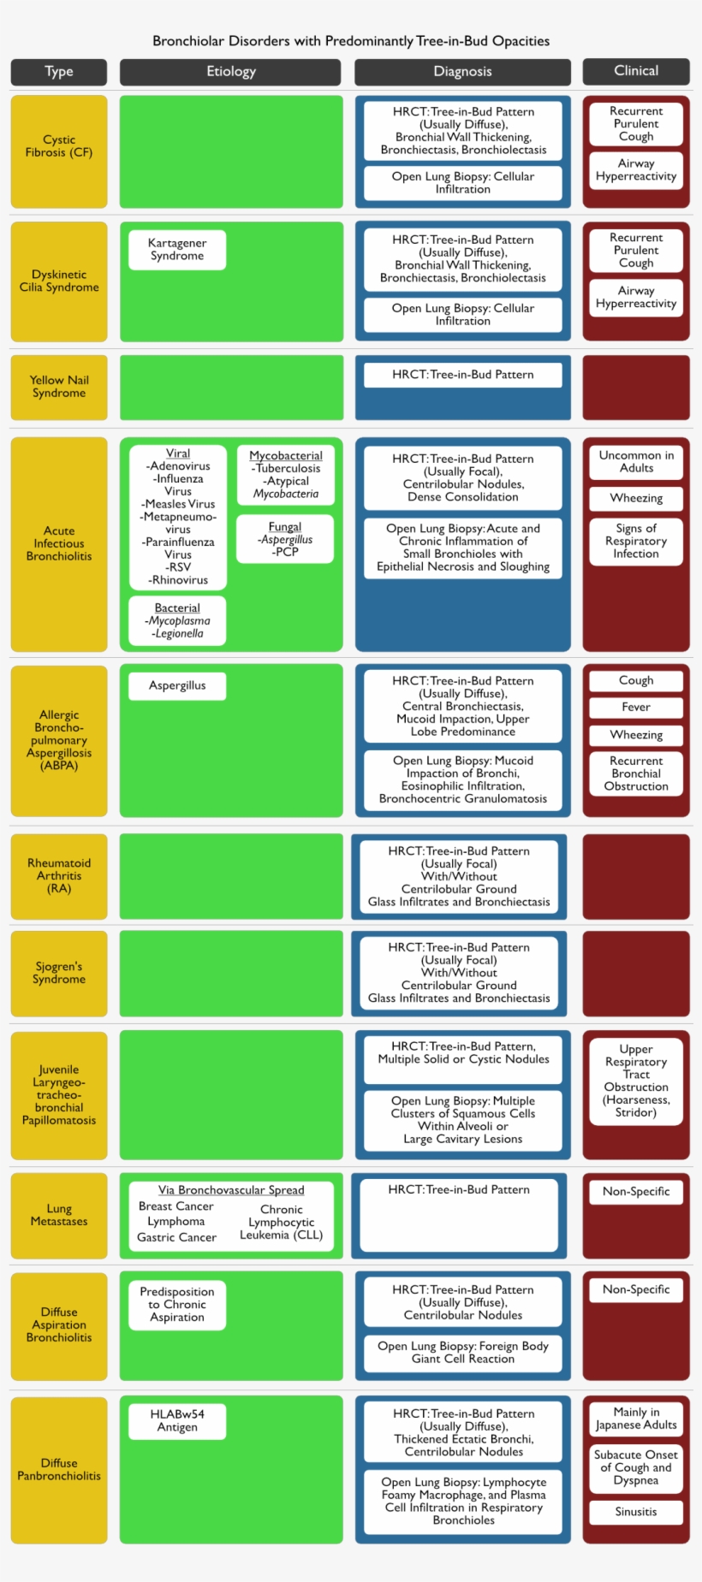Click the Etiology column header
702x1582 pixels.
pyautogui.click(x=230, y=72)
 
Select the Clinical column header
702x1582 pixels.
pyautogui.click(x=636, y=71)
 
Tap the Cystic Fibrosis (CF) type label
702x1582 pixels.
pyautogui.click(x=59, y=146)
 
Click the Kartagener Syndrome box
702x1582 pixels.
pyautogui.click(x=177, y=250)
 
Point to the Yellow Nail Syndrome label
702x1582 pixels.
pyautogui.click(x=59, y=387)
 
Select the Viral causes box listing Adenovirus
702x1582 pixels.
pyautogui.click(x=178, y=517)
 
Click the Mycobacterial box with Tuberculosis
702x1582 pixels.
pyautogui.click(x=286, y=475)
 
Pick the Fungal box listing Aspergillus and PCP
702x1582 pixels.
pyautogui.click(x=285, y=539)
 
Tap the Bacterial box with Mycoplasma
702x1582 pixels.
pyautogui.click(x=177, y=620)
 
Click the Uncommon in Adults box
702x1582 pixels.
pyautogui.click(x=636, y=462)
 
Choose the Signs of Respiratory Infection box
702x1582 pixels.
pyautogui.click(x=636, y=541)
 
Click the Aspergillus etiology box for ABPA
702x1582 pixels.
pyautogui.click(x=177, y=685)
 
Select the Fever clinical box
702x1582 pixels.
pyautogui.click(x=636, y=708)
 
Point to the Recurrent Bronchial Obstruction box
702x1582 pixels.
pyautogui.click(x=636, y=773)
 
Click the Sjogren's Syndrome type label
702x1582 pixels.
pyautogui.click(x=59, y=973)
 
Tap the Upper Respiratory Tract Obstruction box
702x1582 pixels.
pyautogui.click(x=636, y=1081)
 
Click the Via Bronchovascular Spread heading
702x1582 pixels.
pyautogui.click(x=231, y=1190)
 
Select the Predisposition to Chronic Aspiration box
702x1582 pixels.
pyautogui.click(x=177, y=1305)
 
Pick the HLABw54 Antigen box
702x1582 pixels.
pyautogui.click(x=177, y=1421)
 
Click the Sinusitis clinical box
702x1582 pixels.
pyautogui.click(x=636, y=1512)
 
